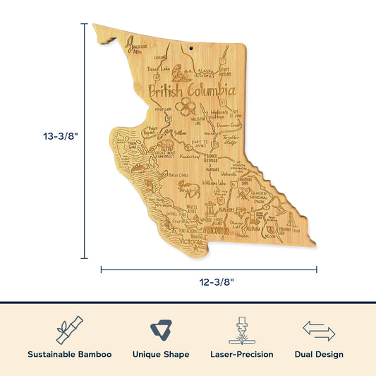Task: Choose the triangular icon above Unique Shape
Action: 160,330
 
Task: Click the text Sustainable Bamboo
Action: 69,354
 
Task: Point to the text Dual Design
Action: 319,354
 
